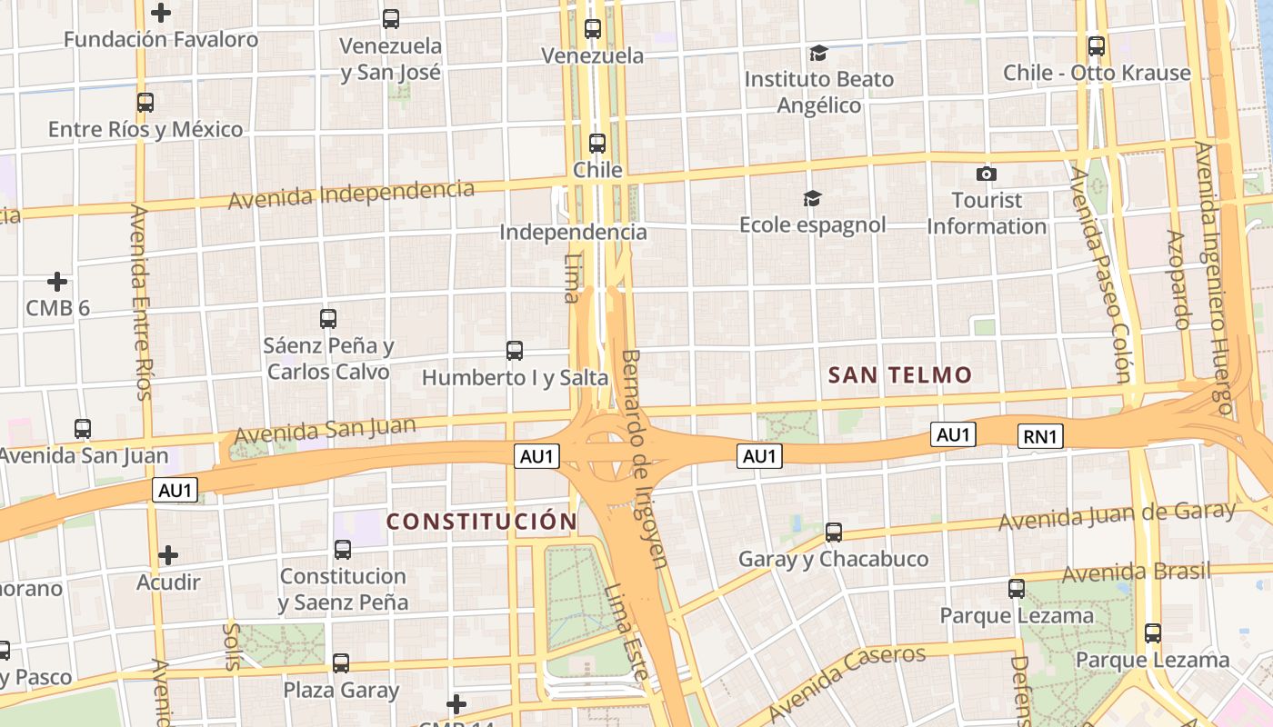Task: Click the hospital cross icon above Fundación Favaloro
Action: tap(161, 13)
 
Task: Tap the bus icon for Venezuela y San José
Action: tap(391, 18)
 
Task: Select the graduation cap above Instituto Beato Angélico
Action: tap(818, 53)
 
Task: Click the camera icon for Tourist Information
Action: tap(987, 174)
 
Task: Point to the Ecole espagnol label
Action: tap(812, 224)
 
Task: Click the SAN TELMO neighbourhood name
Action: tap(899, 374)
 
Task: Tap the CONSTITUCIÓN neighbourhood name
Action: tap(482, 521)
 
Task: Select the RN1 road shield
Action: tap(1040, 436)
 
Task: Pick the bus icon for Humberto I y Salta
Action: tap(515, 350)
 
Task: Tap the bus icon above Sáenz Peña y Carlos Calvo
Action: tap(328, 318)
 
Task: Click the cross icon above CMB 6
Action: tap(57, 282)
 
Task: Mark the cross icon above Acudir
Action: tap(168, 554)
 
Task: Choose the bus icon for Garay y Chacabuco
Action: tap(833, 533)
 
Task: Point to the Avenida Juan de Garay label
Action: tap(1117, 515)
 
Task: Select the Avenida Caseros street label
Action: tap(847, 682)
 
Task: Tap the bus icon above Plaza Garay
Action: tap(341, 663)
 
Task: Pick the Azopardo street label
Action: tap(1178, 279)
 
